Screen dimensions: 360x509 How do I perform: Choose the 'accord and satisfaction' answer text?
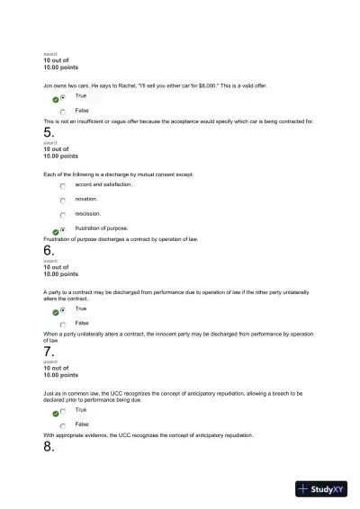(x=103, y=184)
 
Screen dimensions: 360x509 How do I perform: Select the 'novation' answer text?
(x=86, y=199)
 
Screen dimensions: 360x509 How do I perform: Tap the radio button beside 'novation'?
(x=63, y=201)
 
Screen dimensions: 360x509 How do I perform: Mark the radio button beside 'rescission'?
(x=63, y=215)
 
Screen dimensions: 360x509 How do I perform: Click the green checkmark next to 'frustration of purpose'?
(x=55, y=231)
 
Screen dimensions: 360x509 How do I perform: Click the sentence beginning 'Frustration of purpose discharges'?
(x=121, y=238)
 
